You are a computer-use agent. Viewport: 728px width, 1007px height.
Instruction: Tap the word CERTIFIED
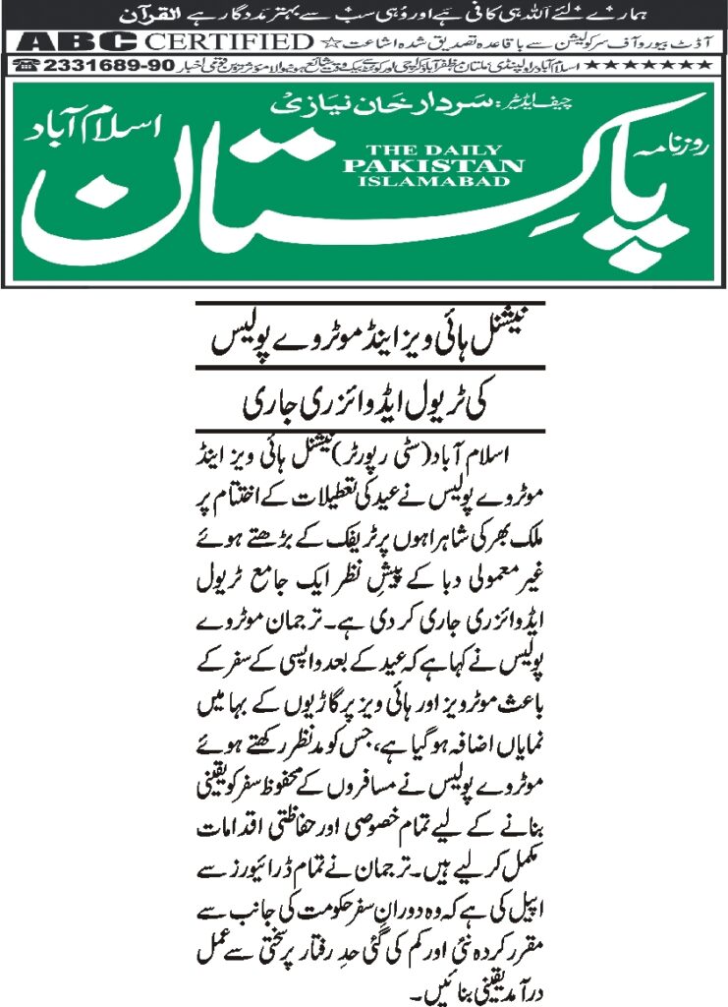click(227, 41)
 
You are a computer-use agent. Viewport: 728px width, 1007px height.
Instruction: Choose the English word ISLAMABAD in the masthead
click(433, 181)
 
